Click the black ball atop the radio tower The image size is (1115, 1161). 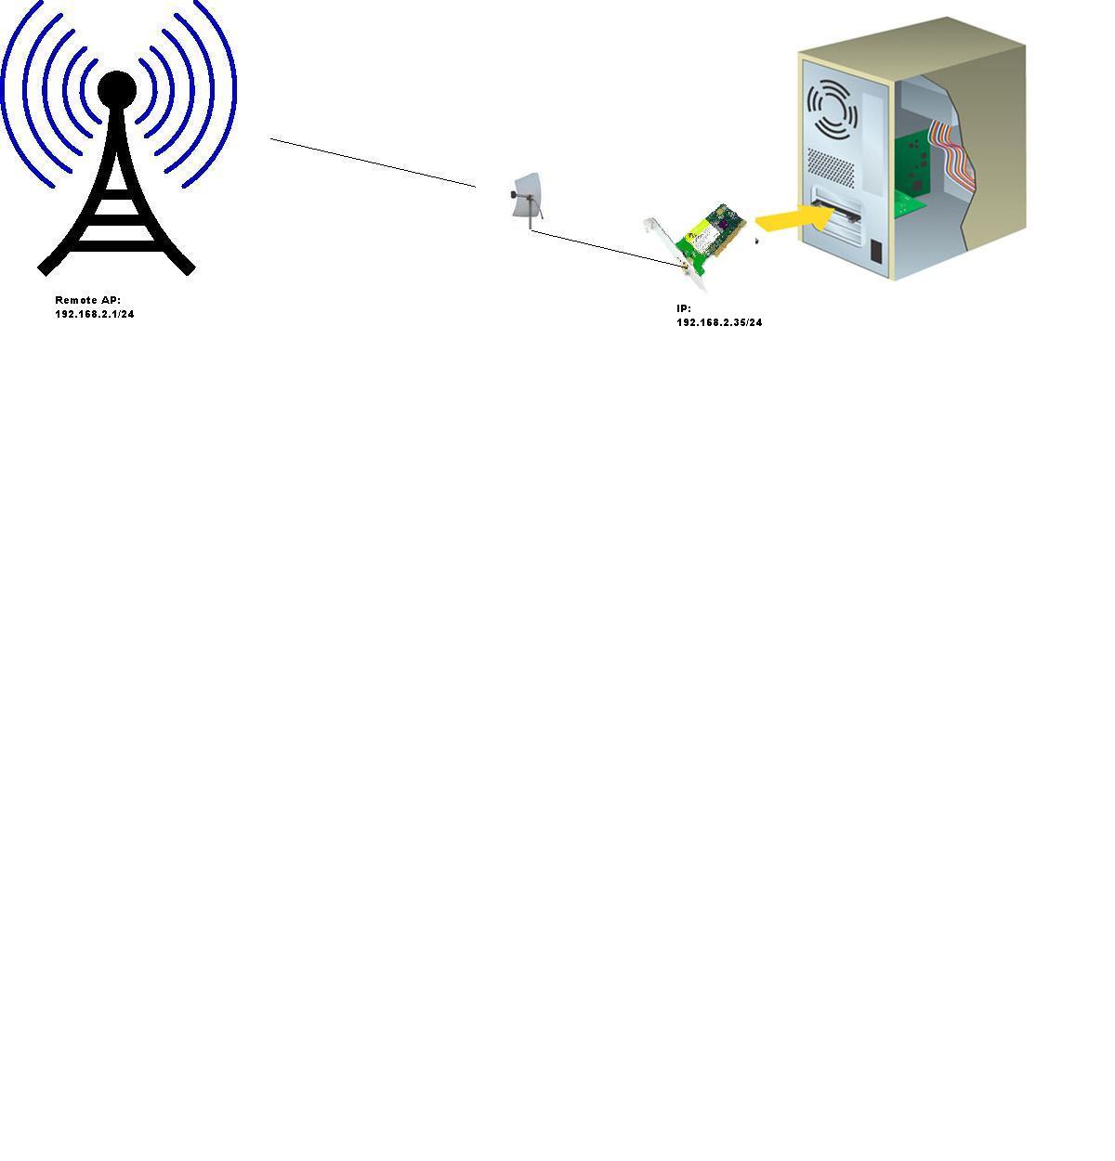[x=117, y=89]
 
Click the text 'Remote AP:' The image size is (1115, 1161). [x=88, y=300]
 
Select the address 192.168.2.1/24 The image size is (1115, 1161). [x=95, y=314]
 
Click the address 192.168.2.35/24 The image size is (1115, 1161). [x=719, y=322]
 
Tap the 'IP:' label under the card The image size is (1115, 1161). [x=684, y=308]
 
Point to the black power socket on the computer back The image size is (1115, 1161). [x=876, y=251]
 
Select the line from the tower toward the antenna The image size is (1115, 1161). [x=372, y=163]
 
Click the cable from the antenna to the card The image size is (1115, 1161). [x=604, y=247]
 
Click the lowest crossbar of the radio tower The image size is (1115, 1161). [x=116, y=245]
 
